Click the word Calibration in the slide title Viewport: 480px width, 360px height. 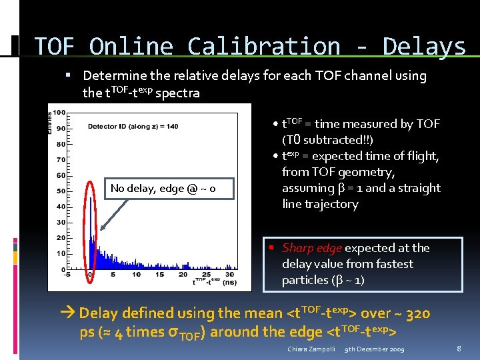tap(263, 47)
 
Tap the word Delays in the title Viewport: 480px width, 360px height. tap(424, 47)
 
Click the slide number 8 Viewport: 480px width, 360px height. tap(459, 349)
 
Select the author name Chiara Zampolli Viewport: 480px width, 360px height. tap(312, 349)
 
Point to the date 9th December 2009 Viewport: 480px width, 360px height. tap(375, 349)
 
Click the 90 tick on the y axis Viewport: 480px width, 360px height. tap(61, 128)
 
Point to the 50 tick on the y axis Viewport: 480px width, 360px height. tap(61, 191)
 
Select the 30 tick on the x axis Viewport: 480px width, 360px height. tap(230, 274)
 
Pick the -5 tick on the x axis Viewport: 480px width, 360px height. tap(66, 274)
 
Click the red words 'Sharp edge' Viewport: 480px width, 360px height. tap(312, 248)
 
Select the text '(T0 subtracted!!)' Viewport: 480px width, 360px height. tap(327, 140)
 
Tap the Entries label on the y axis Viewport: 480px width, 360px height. tap(51, 121)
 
